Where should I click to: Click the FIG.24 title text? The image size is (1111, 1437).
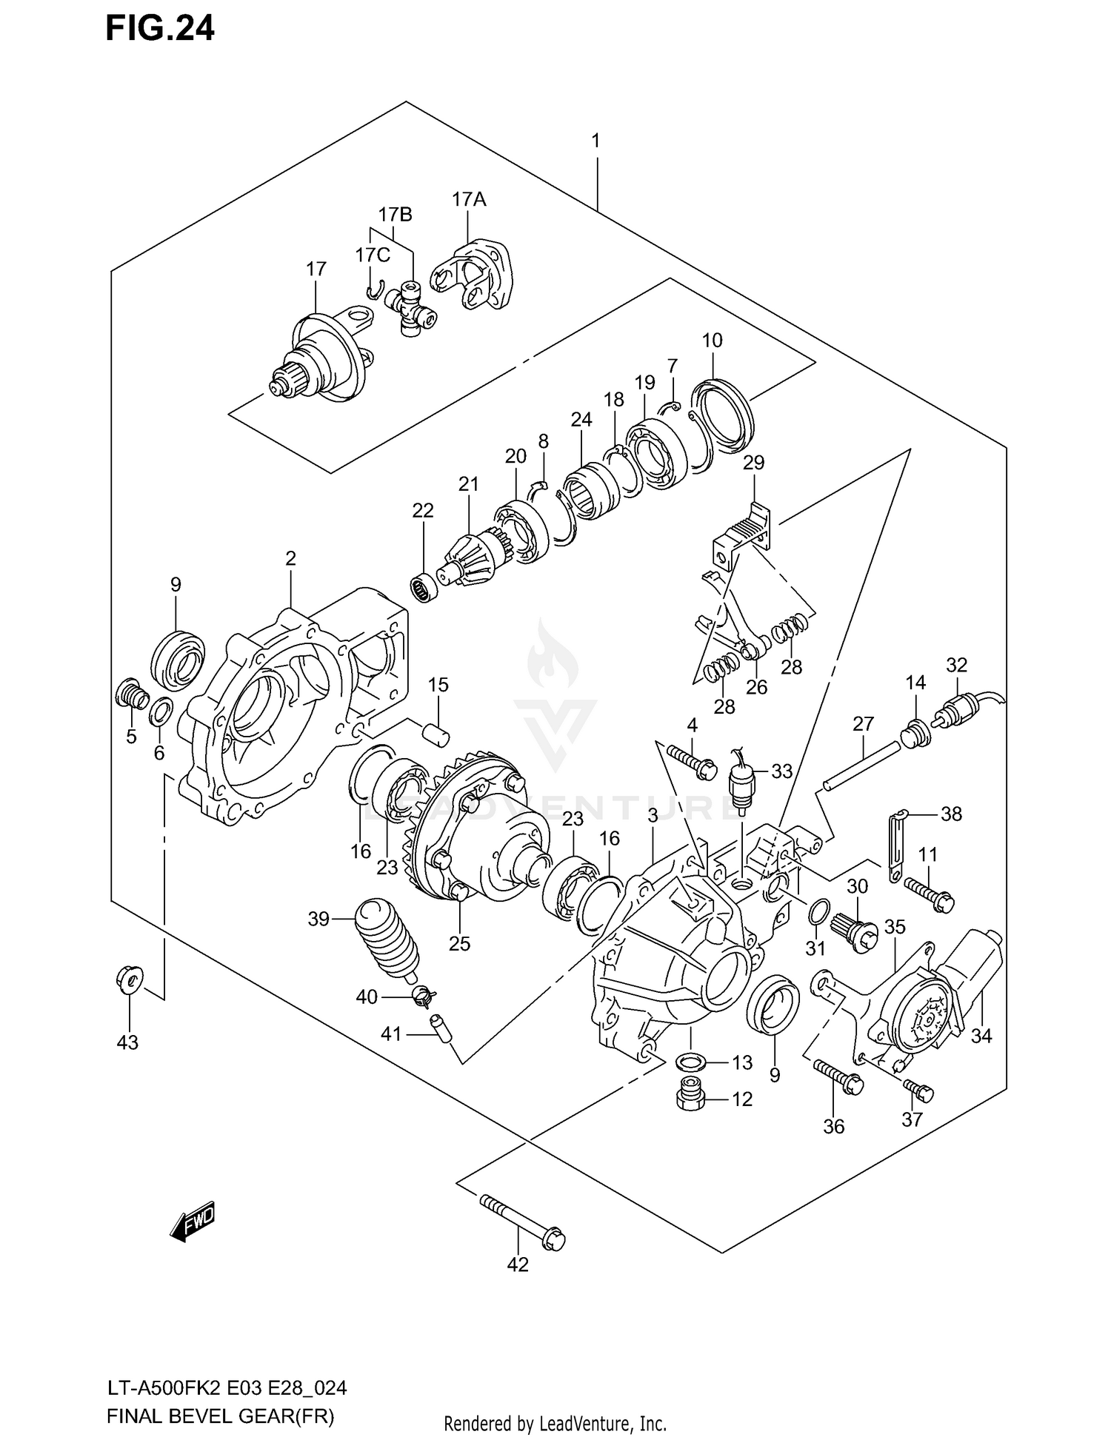[x=159, y=28]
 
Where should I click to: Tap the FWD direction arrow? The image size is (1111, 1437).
[x=193, y=1220]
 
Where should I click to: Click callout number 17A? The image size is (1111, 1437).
[x=469, y=199]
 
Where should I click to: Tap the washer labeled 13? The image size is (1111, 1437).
[x=690, y=1062]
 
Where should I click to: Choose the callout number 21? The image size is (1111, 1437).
[x=468, y=484]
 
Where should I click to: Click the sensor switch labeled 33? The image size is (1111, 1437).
[x=741, y=784]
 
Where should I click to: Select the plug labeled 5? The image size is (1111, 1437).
[x=130, y=693]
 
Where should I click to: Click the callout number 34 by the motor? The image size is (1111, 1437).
[x=981, y=1036]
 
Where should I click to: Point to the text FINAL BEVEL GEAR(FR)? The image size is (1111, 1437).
[x=221, y=1417]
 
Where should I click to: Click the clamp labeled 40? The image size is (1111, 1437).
[x=423, y=997]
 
